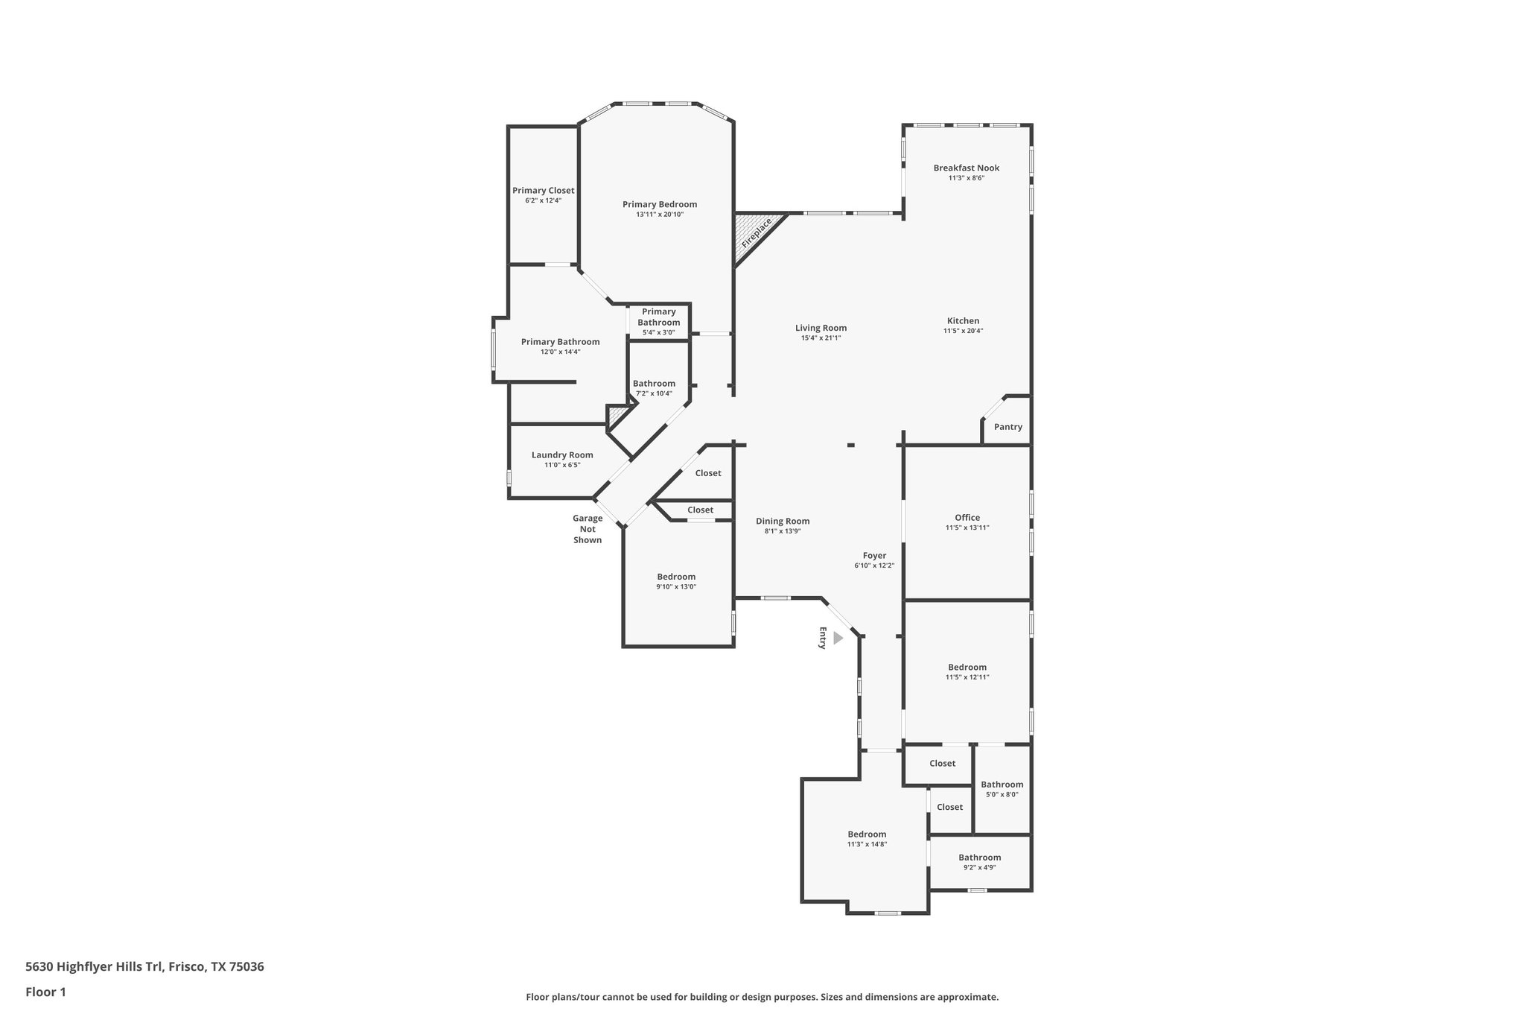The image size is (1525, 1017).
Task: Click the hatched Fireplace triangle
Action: point(754,235)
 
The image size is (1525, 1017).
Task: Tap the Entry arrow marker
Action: point(838,638)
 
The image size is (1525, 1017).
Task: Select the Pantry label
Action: point(1007,427)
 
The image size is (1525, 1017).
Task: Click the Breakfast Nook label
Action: point(966,168)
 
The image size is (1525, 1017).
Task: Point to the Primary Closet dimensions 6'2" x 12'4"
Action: point(543,200)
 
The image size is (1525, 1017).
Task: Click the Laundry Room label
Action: point(561,454)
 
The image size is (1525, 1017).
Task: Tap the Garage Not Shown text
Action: point(587,529)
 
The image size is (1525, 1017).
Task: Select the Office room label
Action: point(967,517)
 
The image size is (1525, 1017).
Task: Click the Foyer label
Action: point(874,555)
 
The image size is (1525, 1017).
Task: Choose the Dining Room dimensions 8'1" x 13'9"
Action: point(782,531)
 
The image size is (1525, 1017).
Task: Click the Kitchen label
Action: point(963,320)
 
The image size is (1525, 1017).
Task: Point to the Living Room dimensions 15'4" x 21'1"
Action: point(821,338)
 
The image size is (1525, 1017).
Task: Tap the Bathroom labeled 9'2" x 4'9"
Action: point(979,858)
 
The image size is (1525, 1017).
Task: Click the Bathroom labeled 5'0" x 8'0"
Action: point(1002,785)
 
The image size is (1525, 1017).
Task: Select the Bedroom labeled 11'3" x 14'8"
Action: point(867,834)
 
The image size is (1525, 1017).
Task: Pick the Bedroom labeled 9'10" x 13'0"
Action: point(676,576)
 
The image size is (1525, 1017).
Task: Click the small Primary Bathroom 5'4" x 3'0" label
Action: point(658,322)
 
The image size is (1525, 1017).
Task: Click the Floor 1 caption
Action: point(45,992)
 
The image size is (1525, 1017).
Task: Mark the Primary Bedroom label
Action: point(659,204)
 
